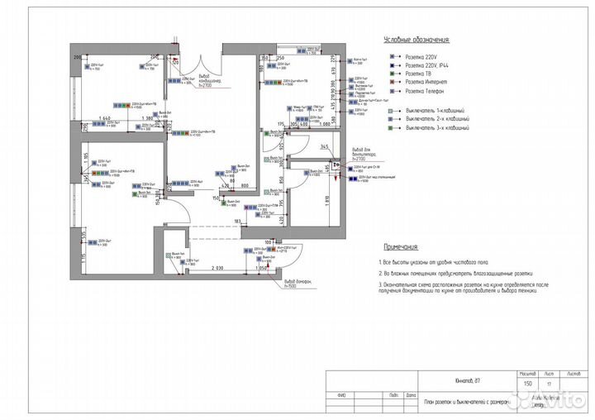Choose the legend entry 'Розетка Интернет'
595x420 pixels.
coord(424,84)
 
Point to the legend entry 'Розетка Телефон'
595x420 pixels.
coord(423,92)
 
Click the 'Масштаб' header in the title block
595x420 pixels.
coord(526,373)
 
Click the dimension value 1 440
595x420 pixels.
coord(104,119)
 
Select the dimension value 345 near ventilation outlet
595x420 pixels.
coord(325,146)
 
